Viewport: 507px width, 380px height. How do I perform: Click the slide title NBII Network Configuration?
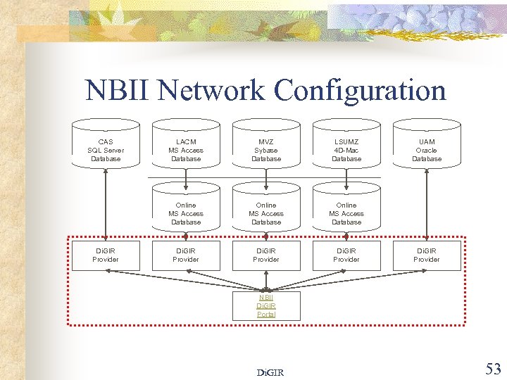[265, 91]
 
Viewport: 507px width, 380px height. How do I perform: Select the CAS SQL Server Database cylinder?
[106, 147]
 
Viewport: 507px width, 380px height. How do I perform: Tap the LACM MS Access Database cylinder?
[186, 147]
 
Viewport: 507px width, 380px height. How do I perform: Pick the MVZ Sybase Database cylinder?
[266, 147]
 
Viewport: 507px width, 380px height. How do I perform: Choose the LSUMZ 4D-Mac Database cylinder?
[346, 147]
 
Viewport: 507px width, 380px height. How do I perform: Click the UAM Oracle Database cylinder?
[427, 147]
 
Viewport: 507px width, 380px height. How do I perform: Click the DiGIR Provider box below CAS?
[106, 255]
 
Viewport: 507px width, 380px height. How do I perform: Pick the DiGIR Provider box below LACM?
[186, 255]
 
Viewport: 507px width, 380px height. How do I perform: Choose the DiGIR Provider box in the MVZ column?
[266, 255]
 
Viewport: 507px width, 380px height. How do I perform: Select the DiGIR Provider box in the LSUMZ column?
[346, 255]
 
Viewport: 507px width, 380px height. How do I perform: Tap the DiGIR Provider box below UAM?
[427, 255]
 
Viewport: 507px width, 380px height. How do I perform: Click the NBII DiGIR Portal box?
[266, 305]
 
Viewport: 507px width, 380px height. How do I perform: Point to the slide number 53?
[492, 368]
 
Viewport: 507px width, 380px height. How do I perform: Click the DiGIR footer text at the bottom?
[270, 372]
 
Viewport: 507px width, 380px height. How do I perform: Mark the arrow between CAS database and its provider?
[106, 204]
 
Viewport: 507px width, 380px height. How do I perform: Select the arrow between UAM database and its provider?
[427, 204]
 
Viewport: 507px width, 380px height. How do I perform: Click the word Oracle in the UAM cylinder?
[427, 150]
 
